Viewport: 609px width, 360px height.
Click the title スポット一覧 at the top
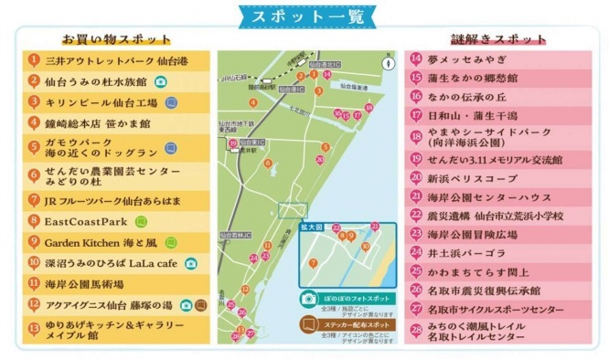point(304,16)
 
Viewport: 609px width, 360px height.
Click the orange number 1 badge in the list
point(33,59)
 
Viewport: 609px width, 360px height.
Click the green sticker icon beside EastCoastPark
point(142,221)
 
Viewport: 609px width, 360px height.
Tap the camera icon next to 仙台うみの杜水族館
point(160,81)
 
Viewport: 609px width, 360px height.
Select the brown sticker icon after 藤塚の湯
point(200,304)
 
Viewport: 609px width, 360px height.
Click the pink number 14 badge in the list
point(416,59)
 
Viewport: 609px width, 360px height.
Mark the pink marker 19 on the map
point(233,143)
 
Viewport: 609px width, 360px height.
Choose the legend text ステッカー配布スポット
point(350,324)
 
